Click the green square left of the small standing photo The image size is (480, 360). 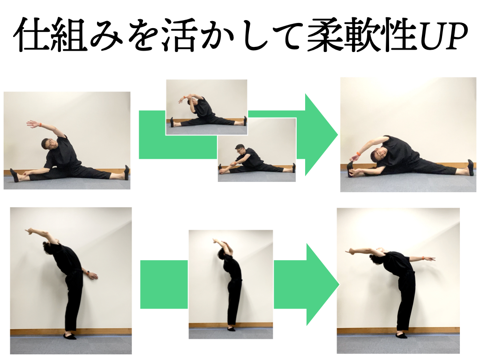164,284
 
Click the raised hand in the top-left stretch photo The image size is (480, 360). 32,123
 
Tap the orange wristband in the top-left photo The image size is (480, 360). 41,124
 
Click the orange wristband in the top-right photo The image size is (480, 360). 358,153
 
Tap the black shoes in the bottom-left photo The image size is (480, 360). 70,336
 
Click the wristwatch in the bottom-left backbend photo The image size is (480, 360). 87,272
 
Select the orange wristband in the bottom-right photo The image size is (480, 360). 423,258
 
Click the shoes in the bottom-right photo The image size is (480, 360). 401,335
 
